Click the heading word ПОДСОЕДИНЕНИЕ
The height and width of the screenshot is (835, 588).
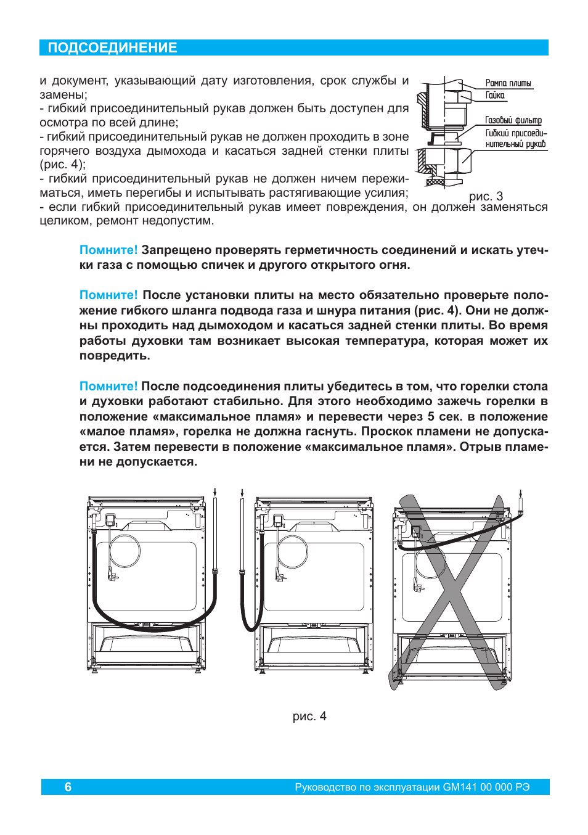[x=112, y=48]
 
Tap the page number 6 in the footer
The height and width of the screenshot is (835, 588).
[x=68, y=787]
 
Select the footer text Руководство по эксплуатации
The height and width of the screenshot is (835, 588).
[x=368, y=787]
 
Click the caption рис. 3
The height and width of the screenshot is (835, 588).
[x=486, y=196]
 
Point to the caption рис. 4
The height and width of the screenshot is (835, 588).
[x=309, y=716]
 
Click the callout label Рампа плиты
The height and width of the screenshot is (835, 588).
[x=508, y=83]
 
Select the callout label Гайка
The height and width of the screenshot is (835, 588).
[x=495, y=96]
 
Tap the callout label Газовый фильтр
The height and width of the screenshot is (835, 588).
[x=513, y=120]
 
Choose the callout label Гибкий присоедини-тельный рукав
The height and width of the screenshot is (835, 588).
[x=515, y=138]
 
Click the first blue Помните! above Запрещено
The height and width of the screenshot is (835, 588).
[x=108, y=250]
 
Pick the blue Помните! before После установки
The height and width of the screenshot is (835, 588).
[x=108, y=295]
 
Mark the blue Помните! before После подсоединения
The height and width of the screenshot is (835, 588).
[x=108, y=386]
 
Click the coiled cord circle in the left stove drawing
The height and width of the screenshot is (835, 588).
[x=125, y=551]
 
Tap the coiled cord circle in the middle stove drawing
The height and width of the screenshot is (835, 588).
[x=292, y=551]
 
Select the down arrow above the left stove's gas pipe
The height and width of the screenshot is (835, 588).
[x=214, y=492]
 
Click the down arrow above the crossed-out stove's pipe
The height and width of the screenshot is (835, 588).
[x=521, y=493]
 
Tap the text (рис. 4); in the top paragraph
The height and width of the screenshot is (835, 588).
[x=62, y=165]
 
